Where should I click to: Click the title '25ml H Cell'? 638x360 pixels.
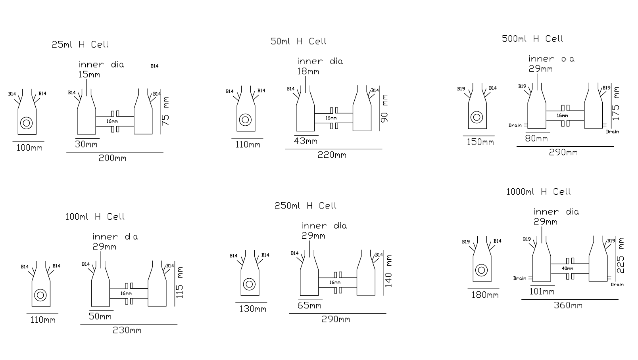tap(80, 44)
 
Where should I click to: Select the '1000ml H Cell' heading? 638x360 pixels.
tap(538, 192)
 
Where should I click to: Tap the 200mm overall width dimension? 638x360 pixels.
tap(113, 158)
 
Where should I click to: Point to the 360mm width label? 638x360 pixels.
tap(568, 305)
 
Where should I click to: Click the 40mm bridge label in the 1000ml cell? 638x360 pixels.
tap(567, 268)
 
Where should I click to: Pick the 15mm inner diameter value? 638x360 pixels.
tap(89, 75)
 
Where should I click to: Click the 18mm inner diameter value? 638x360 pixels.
tap(308, 71)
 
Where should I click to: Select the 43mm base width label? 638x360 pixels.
tap(306, 141)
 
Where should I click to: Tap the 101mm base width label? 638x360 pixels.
tap(542, 292)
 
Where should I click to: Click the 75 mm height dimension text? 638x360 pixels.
tap(165, 111)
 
